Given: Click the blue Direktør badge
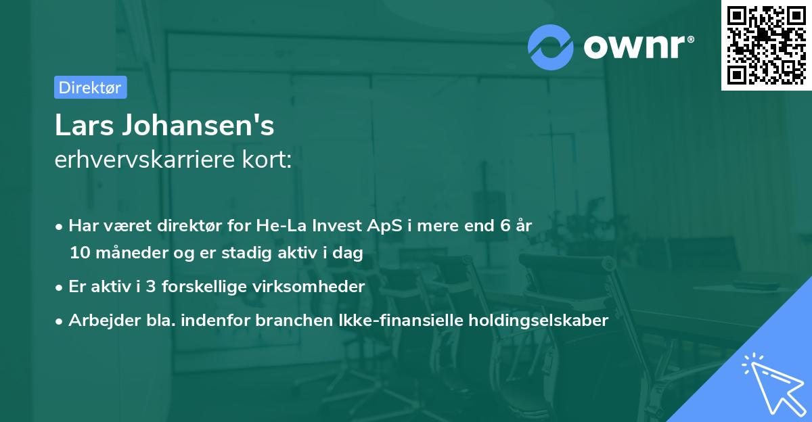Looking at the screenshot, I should [x=90, y=87].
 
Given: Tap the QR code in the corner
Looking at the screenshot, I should [x=766, y=45].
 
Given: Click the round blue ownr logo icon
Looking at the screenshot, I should [x=551, y=47].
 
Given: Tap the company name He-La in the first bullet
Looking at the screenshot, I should [x=276, y=225].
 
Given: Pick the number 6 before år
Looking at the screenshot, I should [x=505, y=225].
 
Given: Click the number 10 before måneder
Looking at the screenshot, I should [x=79, y=254].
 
